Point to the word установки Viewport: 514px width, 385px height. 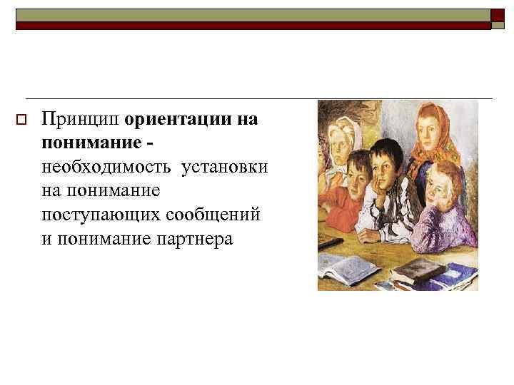[x=225, y=167]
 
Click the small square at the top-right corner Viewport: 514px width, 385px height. [x=498, y=16]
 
